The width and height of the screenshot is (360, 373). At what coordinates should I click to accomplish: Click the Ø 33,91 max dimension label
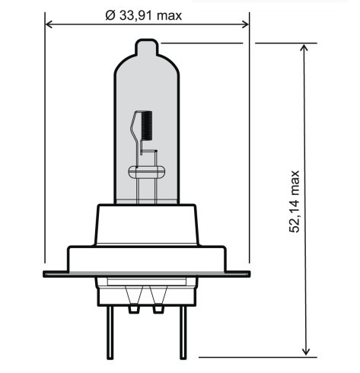(x=144, y=16)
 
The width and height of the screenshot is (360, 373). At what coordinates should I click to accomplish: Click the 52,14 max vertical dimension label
(x=295, y=202)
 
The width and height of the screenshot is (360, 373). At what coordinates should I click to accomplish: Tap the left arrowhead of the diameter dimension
(x=48, y=24)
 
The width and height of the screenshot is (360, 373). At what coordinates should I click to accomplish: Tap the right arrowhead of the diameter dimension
(x=246, y=24)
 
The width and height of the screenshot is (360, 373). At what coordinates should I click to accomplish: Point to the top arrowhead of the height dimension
(x=306, y=47)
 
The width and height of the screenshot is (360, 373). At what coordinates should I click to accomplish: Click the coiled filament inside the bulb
(x=147, y=126)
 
